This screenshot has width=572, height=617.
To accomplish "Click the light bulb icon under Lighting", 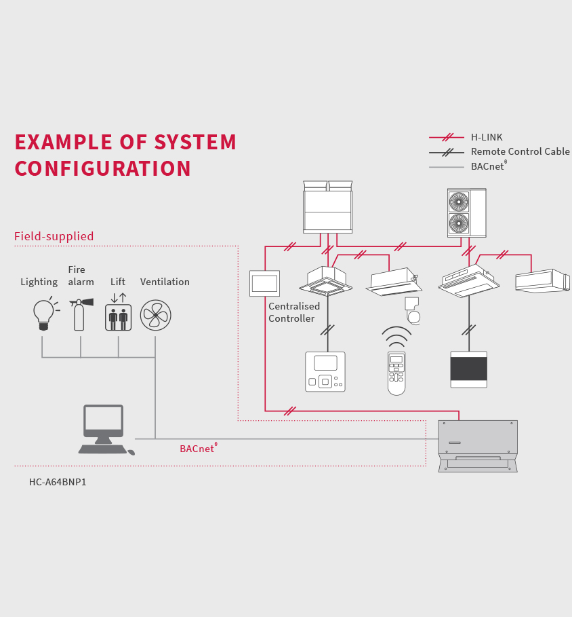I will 44,314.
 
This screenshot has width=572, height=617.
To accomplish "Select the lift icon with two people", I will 118,317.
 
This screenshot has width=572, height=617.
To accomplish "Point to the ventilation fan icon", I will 155,315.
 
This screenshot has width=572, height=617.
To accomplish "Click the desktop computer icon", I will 104,429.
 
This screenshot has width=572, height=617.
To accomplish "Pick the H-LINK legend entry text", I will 487,137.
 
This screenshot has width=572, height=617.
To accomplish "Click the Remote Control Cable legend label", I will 520,151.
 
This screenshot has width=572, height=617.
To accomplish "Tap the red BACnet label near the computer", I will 197,449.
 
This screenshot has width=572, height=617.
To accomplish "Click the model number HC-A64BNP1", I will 58,482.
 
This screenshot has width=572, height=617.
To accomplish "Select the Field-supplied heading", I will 54,236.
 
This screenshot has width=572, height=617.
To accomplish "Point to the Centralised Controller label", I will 293,312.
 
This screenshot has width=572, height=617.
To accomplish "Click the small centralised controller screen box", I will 264,283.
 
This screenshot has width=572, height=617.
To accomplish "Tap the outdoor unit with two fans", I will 466,212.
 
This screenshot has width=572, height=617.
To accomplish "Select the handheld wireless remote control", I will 396,372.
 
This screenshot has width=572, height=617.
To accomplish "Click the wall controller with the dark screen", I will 468,369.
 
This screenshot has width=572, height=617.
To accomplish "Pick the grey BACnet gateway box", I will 478,445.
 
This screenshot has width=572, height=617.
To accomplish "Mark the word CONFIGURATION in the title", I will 102,169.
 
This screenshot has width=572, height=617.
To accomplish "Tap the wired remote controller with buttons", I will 325,371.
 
